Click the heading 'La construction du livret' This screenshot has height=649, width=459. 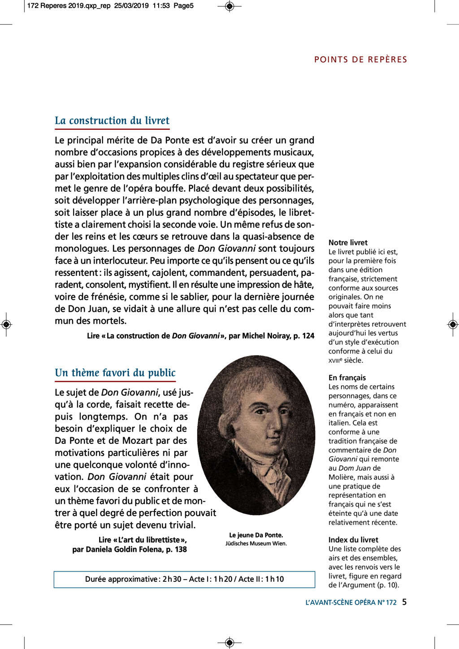[112, 120]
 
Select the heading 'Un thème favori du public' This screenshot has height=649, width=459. [115, 373]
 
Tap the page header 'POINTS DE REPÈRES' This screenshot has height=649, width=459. [360, 60]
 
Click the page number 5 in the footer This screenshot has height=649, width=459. [404, 602]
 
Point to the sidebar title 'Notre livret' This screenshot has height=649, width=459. [348, 242]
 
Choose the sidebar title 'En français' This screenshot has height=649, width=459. [347, 378]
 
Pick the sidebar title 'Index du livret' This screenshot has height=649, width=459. [353, 540]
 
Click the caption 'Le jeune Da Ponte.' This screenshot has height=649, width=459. [256, 535]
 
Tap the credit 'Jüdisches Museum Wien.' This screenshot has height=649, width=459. [256, 543]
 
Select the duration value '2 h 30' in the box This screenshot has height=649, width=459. [172, 579]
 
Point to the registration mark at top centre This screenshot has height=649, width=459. [229, 6]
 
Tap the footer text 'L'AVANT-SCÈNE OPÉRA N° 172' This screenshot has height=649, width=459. [351, 602]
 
